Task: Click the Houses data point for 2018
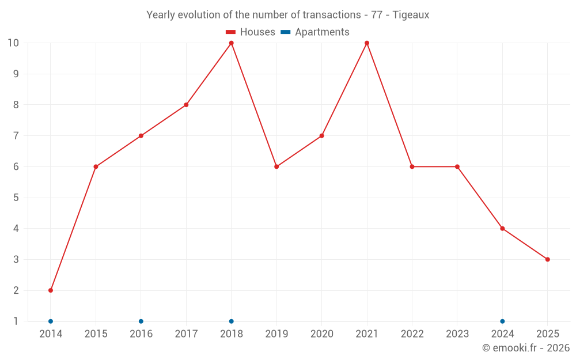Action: click(x=231, y=43)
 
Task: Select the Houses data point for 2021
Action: click(x=367, y=43)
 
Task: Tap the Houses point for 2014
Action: click(x=51, y=290)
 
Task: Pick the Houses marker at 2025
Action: click(x=547, y=259)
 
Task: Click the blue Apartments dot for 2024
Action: click(x=502, y=321)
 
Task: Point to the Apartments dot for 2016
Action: click(x=141, y=321)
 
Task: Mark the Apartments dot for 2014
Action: click(x=51, y=321)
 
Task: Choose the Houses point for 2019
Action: click(x=276, y=166)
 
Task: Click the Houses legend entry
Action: click(x=251, y=32)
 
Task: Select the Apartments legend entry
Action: click(x=315, y=32)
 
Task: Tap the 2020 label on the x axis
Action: click(x=321, y=334)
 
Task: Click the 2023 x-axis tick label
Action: click(x=457, y=334)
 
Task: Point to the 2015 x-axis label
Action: click(x=96, y=334)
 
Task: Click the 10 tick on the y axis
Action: click(x=13, y=43)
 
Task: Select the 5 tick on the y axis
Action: click(x=16, y=198)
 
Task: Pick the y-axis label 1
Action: click(x=16, y=321)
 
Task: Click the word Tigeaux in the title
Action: click(x=411, y=15)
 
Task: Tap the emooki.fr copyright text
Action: click(x=525, y=348)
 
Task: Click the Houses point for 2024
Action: click(x=502, y=229)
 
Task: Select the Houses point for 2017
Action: click(x=186, y=105)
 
